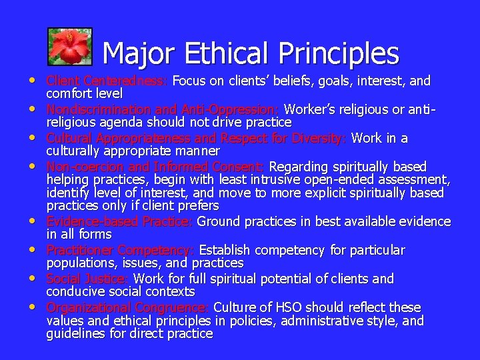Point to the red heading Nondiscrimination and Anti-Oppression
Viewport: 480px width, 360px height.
click(163, 109)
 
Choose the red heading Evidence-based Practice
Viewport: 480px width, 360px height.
click(119, 221)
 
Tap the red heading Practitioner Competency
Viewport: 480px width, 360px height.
click(120, 250)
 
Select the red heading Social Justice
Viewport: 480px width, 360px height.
click(87, 279)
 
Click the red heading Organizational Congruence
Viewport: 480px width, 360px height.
click(127, 307)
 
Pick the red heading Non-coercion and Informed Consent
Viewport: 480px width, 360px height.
click(155, 166)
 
